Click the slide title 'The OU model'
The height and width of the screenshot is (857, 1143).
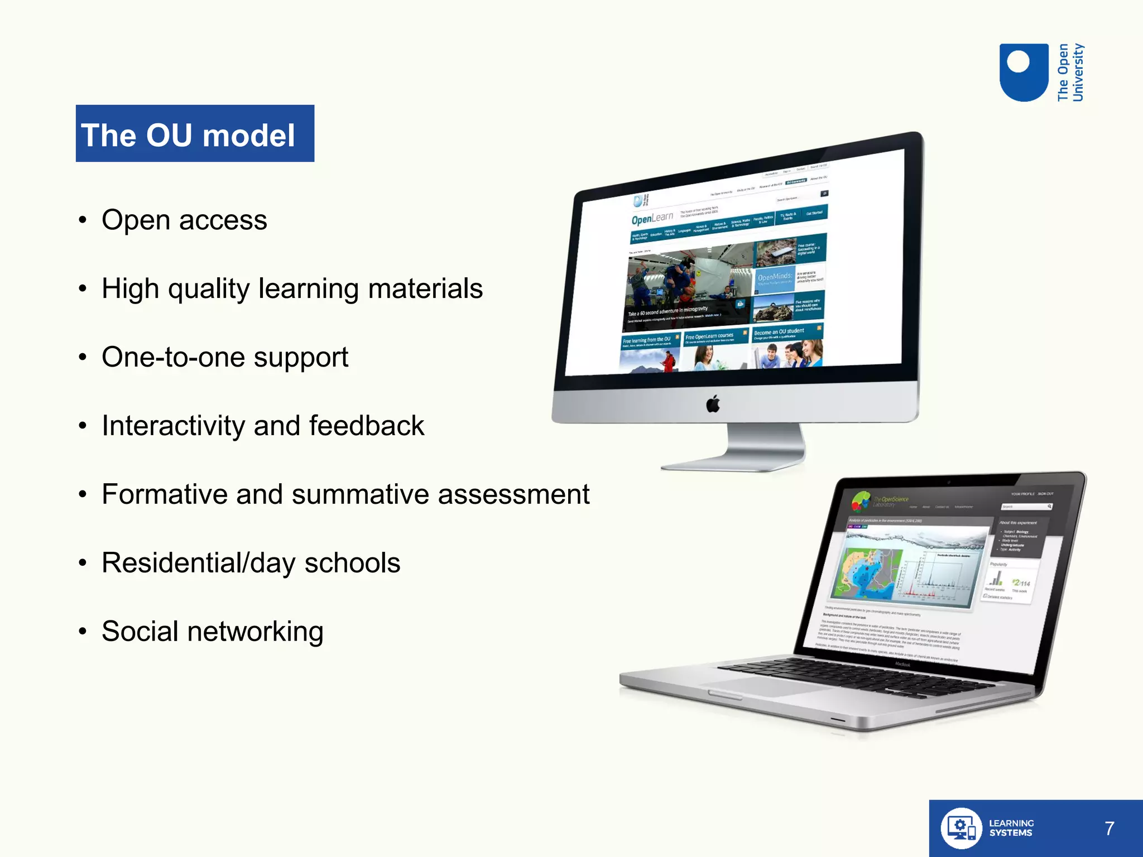click(188, 135)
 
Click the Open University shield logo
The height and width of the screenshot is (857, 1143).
click(1023, 73)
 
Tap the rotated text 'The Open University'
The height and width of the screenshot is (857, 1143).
click(1070, 73)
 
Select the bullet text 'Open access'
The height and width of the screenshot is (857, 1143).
click(184, 220)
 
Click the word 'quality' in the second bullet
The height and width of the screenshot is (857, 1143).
click(208, 289)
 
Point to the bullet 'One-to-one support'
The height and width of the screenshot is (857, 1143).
click(224, 357)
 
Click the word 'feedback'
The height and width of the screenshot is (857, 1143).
click(366, 426)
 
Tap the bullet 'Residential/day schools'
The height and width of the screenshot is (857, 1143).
click(251, 563)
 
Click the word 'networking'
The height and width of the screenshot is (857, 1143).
click(255, 632)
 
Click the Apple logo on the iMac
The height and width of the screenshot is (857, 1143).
click(713, 403)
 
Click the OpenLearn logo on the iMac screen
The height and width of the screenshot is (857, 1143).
click(652, 218)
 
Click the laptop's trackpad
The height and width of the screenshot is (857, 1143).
click(765, 687)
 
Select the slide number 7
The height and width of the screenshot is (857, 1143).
click(1109, 829)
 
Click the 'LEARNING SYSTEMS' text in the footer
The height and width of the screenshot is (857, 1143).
click(1011, 828)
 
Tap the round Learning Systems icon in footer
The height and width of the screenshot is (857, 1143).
click(960, 829)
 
